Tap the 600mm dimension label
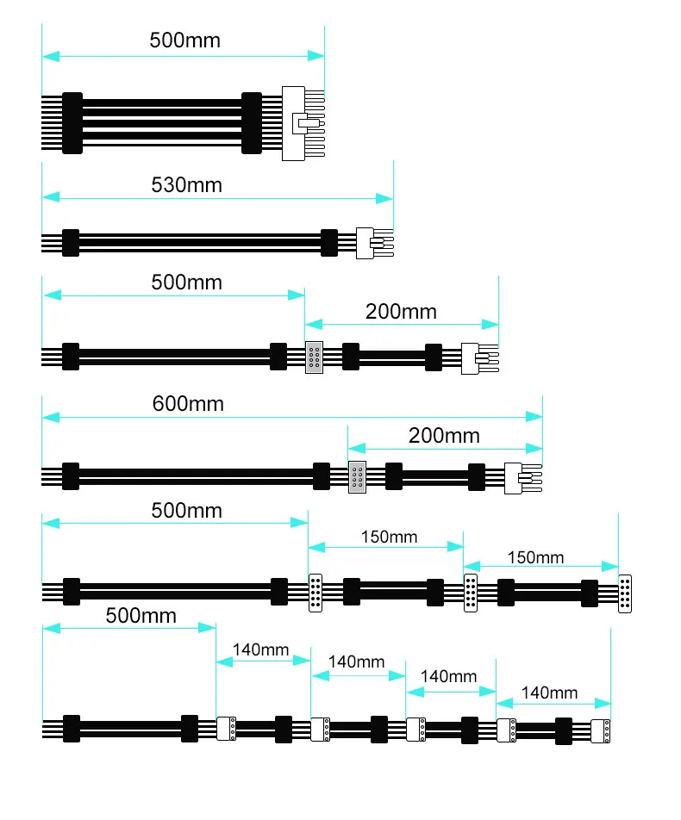point(188,403)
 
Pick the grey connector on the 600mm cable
point(357,477)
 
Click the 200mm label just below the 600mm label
point(444,436)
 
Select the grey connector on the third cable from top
point(315,357)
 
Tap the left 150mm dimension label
point(389,537)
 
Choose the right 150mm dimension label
point(535,557)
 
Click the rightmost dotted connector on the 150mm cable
point(625,593)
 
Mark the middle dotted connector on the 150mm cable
point(471,593)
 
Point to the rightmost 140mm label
point(549,693)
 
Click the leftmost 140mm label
point(261,650)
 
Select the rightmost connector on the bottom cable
point(601,730)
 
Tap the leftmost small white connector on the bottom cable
point(227,729)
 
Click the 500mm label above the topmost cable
point(184,40)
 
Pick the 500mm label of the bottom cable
point(141,616)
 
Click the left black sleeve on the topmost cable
point(72,123)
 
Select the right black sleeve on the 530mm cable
point(328,242)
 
